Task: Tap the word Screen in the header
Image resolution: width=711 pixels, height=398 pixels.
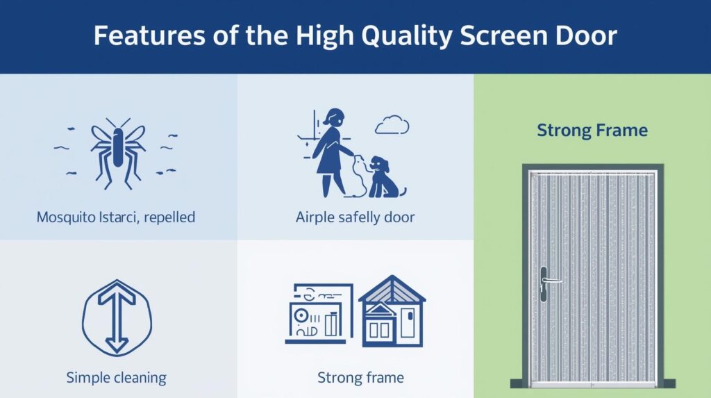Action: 497,35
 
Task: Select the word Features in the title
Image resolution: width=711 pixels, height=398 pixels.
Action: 149,35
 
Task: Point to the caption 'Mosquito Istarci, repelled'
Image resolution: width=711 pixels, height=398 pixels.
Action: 116,217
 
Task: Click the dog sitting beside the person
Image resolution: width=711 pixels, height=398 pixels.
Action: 385,177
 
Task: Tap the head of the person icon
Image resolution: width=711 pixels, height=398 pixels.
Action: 334,117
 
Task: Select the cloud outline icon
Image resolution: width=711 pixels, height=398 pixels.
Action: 392,125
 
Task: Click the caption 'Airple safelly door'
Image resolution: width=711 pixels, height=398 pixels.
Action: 355,217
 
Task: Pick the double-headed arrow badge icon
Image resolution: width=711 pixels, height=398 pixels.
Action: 117,317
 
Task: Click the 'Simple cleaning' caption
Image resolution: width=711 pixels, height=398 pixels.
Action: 116,377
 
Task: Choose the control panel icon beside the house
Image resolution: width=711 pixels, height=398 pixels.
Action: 319,313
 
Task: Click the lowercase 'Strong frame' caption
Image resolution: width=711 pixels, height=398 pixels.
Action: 360,377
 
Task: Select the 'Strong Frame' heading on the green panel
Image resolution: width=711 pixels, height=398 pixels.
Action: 592,131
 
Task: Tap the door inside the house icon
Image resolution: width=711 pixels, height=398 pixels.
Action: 408,322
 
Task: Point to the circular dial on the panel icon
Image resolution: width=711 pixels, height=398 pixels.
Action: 301,315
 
